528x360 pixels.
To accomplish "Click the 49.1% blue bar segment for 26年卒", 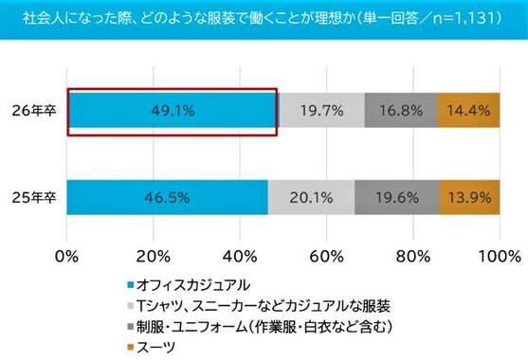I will (173, 111).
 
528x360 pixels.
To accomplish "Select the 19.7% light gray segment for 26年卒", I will (321, 111).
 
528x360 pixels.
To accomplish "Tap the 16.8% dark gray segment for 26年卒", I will (400, 111).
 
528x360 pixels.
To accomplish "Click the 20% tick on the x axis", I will (154, 256).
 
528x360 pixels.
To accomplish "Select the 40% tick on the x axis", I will (240, 256).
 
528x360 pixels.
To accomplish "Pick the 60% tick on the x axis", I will (325, 256).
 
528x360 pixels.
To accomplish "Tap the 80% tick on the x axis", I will (411, 256).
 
